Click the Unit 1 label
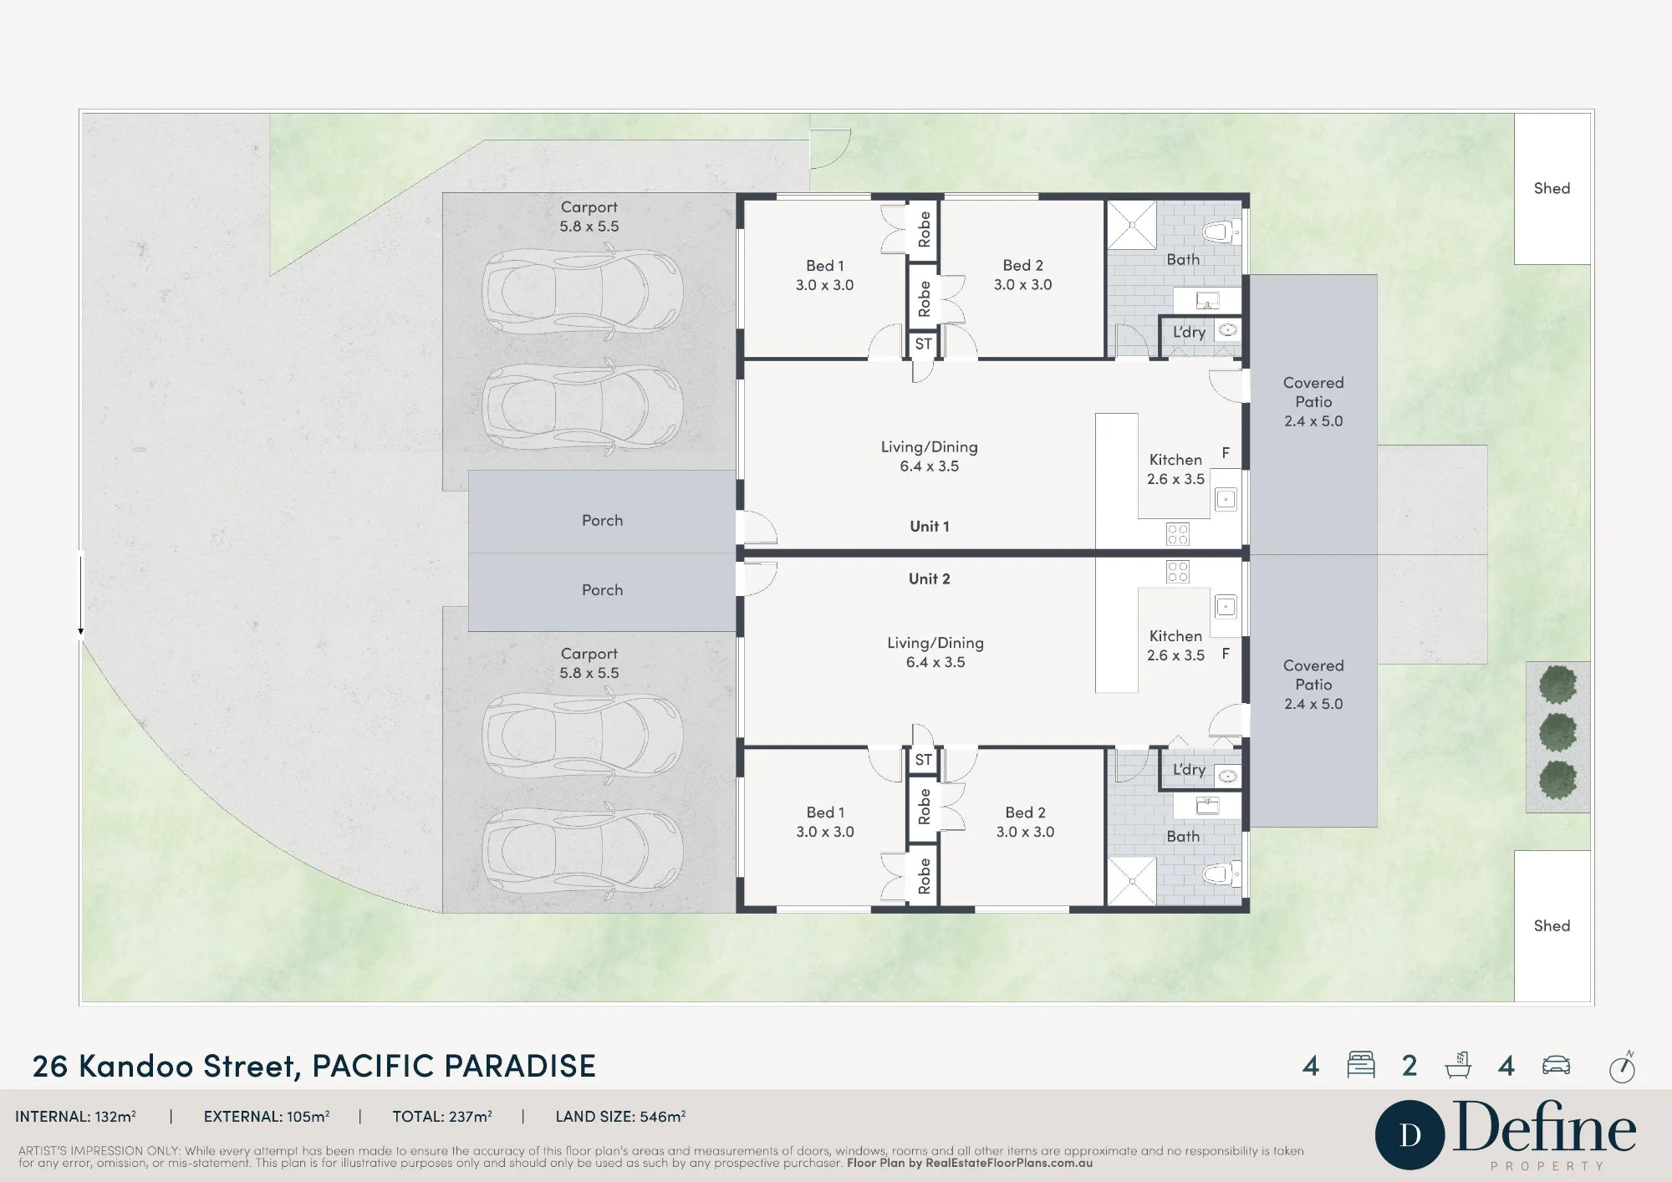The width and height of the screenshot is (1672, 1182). (x=929, y=526)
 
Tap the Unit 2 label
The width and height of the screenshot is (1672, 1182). (x=929, y=578)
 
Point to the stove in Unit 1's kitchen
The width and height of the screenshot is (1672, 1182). (x=1177, y=534)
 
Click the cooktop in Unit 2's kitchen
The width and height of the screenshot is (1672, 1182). (x=1177, y=572)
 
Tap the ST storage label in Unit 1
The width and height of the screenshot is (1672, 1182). (x=923, y=344)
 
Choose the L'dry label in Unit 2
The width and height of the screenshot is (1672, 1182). (x=1189, y=770)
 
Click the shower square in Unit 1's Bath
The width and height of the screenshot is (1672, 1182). (x=1132, y=225)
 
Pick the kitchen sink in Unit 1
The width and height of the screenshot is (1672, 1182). (x=1226, y=500)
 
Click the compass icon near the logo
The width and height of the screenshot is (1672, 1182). (x=1622, y=1067)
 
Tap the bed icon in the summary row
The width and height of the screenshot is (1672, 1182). (x=1361, y=1065)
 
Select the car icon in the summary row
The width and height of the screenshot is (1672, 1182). (x=1556, y=1065)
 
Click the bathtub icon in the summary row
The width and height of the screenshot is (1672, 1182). (x=1459, y=1065)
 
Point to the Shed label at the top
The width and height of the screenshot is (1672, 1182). (x=1552, y=188)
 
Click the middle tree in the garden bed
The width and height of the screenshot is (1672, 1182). (x=1557, y=732)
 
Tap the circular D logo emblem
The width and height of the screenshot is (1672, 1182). (x=1410, y=1135)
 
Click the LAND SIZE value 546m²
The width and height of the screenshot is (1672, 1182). (x=663, y=1116)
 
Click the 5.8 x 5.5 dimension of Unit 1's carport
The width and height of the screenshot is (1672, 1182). (x=589, y=227)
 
